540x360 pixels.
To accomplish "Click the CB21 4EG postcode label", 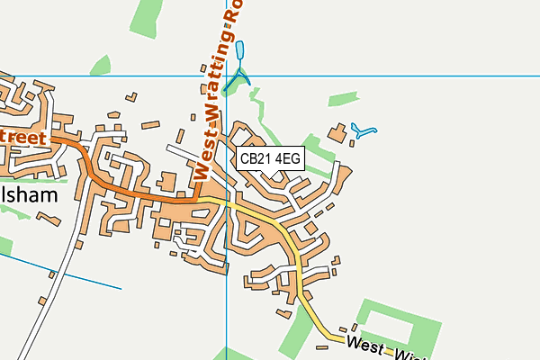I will click(270, 159).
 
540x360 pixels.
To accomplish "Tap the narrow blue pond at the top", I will click(242, 52).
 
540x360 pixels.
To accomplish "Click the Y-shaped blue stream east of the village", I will click(364, 131).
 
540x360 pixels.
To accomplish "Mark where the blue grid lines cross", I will click(227, 76).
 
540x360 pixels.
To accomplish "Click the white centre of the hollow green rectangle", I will click(398, 324).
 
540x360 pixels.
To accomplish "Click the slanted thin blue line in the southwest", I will click(81, 278).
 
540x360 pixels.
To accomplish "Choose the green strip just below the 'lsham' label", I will click(18, 212).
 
